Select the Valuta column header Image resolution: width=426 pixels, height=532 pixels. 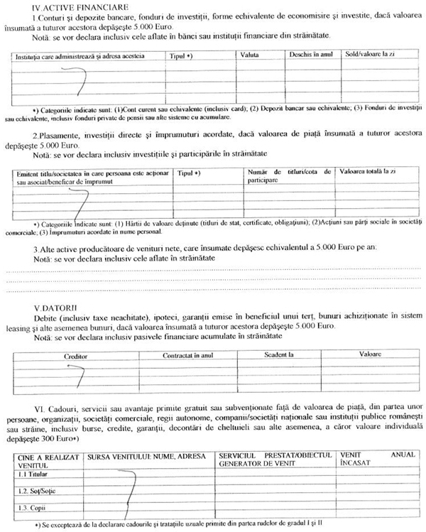pos(249,54)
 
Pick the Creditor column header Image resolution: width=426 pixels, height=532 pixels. pos(78,354)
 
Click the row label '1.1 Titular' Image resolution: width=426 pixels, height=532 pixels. pos(27,474)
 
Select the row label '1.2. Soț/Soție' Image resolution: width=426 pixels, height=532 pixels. pos(33,491)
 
